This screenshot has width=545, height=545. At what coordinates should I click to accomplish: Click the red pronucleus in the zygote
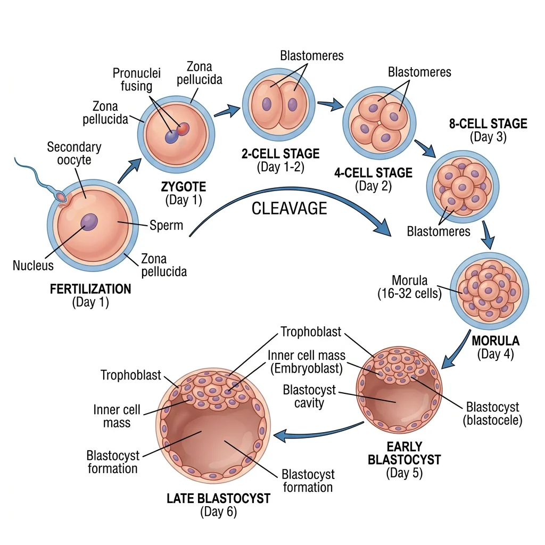(183, 128)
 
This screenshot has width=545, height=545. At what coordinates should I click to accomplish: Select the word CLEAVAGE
(289, 208)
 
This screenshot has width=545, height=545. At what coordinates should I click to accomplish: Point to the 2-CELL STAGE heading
(280, 154)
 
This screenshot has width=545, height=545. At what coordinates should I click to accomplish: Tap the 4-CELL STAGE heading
(373, 173)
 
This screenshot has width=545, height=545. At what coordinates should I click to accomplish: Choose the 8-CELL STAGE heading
(488, 124)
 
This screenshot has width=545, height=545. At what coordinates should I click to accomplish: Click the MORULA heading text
(496, 341)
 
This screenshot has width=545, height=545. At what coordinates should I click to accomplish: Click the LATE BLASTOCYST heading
(218, 499)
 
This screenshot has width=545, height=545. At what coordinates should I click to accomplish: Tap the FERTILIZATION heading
(90, 289)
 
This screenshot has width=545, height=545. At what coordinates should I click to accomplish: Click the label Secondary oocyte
(74, 153)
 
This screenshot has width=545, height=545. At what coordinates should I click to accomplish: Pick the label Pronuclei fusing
(137, 79)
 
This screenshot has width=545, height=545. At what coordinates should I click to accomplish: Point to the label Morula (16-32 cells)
(409, 286)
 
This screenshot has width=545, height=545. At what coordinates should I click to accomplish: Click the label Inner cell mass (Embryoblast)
(306, 361)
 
